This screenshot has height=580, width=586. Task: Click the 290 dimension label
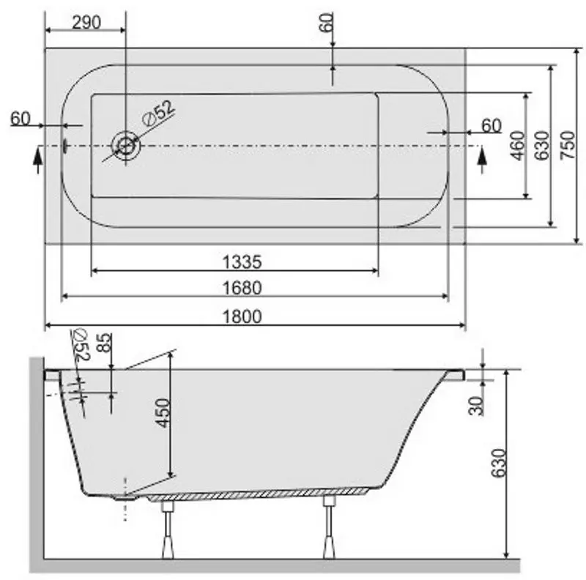point(86,22)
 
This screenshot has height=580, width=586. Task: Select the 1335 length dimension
point(242,261)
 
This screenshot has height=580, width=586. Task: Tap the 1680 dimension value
point(242,288)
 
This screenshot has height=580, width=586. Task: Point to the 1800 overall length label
point(242,316)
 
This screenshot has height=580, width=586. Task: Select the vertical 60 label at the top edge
point(327,23)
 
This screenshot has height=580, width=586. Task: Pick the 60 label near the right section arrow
point(492,126)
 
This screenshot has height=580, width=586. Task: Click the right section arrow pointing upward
point(481,160)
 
